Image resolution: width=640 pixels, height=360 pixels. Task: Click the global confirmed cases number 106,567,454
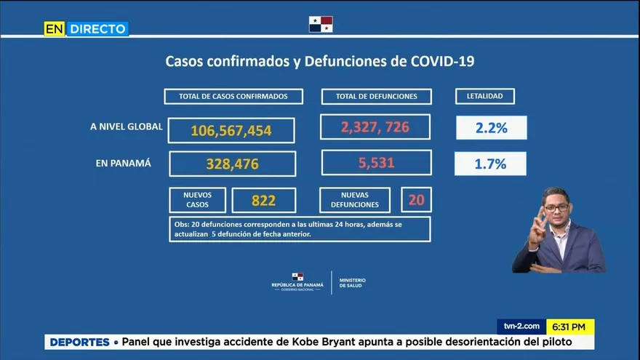pos(231,131)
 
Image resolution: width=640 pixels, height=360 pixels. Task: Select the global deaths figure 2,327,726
pos(375,127)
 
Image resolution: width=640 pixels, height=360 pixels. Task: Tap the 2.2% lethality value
pos(491,128)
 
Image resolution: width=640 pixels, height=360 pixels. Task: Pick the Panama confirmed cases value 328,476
pos(232,164)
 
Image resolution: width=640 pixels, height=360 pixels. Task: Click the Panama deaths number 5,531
pos(376,163)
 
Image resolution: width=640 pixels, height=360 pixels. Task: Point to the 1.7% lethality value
pos(490,164)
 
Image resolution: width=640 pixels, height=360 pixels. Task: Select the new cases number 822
pos(263,201)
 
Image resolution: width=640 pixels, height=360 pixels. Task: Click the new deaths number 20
pos(416,199)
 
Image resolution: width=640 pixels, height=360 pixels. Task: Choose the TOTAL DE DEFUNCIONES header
pos(376,96)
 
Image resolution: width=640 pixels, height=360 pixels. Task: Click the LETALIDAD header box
pos(484,96)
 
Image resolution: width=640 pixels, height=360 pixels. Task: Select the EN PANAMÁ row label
pos(124,164)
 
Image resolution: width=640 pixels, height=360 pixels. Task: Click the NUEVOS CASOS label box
pos(197,200)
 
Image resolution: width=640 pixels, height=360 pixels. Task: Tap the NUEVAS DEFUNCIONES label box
pos(356,200)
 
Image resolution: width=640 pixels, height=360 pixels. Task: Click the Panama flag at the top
pos(321,24)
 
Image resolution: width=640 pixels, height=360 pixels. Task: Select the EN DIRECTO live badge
pos(86,29)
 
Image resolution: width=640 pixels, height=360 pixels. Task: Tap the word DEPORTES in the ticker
pos(79,342)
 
